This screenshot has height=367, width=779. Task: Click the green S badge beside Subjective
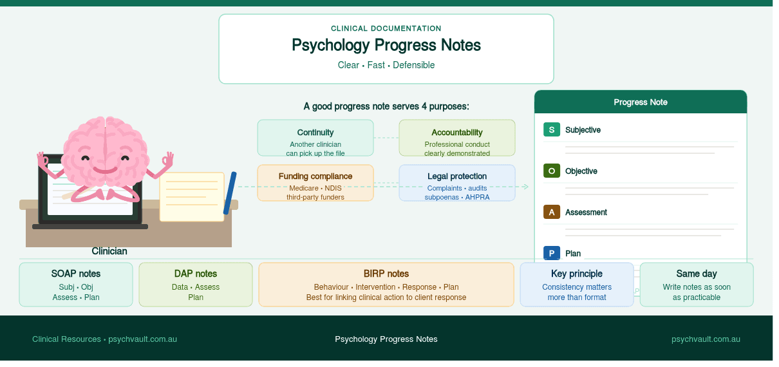(x=552, y=129)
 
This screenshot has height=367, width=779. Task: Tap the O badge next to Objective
(x=552, y=171)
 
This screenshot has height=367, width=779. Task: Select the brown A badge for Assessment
(x=552, y=212)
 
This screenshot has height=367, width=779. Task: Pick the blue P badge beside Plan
(x=552, y=253)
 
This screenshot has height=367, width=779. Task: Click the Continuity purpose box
(x=315, y=138)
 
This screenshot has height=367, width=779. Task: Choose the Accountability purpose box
(x=457, y=138)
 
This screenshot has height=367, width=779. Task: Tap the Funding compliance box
(x=315, y=183)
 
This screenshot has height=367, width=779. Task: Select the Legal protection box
(x=457, y=183)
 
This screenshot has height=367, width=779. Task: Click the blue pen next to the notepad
(x=230, y=193)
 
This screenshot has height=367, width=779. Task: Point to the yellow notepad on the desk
(x=192, y=196)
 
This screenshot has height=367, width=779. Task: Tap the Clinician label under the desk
(x=109, y=251)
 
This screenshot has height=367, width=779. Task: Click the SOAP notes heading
(x=76, y=274)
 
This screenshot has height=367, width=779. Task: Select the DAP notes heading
(x=196, y=274)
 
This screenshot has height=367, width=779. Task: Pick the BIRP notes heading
(x=386, y=274)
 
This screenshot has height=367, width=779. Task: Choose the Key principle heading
(x=577, y=274)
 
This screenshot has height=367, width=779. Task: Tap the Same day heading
(x=697, y=274)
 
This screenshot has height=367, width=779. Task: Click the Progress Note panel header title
(x=641, y=102)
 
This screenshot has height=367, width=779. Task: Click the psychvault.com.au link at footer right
(x=706, y=339)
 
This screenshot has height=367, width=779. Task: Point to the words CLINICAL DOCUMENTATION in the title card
(x=386, y=28)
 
